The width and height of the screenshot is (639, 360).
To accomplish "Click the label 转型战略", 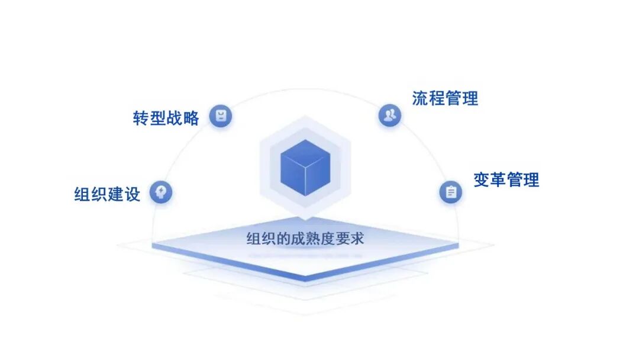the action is click(x=166, y=117).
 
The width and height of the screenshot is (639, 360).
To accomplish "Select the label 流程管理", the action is click(x=445, y=98).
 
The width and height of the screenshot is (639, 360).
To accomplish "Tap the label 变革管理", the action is click(x=506, y=179).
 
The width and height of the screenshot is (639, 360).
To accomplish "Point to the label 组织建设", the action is click(x=107, y=194).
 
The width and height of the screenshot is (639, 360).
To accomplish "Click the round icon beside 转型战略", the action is click(x=221, y=115).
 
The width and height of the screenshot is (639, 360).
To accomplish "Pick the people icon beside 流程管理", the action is click(x=389, y=115).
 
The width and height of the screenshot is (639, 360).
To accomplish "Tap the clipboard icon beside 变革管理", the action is click(x=451, y=192).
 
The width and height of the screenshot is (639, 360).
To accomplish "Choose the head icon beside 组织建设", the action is click(x=161, y=192).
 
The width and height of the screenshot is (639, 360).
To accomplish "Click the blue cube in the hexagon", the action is click(x=305, y=168).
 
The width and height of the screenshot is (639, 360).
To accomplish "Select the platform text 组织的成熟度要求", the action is click(x=305, y=239).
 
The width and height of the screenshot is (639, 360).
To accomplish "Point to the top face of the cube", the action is click(x=305, y=152).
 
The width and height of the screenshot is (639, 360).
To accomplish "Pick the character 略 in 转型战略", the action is click(x=191, y=117).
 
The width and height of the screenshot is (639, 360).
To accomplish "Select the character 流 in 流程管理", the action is click(x=420, y=98).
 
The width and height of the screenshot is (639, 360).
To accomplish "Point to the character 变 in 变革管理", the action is click(x=482, y=179).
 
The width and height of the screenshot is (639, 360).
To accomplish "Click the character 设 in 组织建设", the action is click(x=132, y=194).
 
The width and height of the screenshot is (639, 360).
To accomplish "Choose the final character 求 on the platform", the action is click(x=357, y=239).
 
